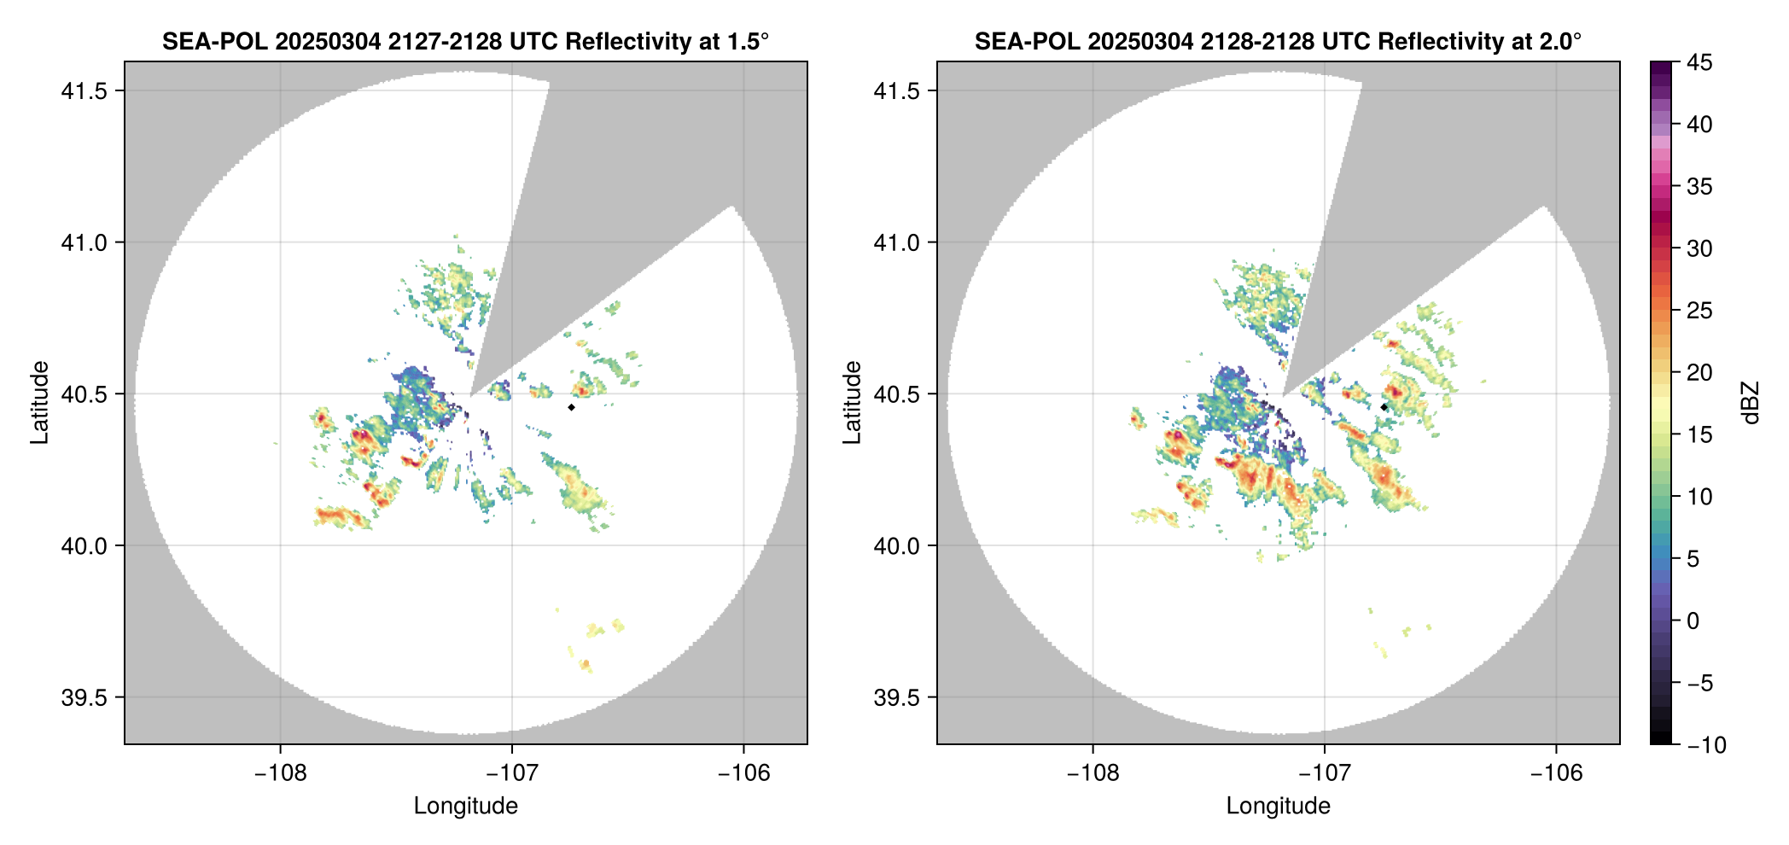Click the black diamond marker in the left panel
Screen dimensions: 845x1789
[x=571, y=407]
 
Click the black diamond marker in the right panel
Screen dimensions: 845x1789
[x=1384, y=407]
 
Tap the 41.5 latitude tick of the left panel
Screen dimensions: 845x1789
[x=83, y=91]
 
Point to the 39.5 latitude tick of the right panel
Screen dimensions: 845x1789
[x=895, y=697]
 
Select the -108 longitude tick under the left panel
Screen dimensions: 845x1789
[x=280, y=773]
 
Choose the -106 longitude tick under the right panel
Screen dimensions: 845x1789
[x=1556, y=773]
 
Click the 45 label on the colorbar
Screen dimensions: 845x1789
[x=1699, y=62]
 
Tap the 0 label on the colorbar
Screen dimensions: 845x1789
[x=1693, y=621]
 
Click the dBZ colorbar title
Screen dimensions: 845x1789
[x=1751, y=403]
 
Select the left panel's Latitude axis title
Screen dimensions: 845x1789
[x=39, y=403]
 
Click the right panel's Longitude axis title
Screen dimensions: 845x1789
[x=1278, y=806]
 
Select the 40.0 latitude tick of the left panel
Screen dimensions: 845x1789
[x=83, y=545]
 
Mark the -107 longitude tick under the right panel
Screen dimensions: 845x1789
[x=1324, y=773]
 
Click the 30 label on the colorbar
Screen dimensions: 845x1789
[x=1699, y=248]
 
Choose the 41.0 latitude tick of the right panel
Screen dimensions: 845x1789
[x=895, y=242]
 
